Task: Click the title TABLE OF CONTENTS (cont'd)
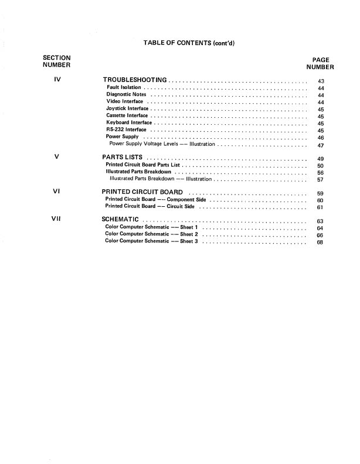189,42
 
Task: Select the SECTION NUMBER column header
56,61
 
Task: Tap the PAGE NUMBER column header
321,63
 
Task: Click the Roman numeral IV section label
57,80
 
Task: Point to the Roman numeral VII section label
57,219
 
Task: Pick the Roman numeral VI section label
57,192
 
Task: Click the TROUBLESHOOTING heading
135,80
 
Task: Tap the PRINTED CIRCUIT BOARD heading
142,192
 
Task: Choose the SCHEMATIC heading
120,220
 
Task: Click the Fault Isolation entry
124,88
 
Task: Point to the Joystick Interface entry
127,109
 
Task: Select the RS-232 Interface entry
126,130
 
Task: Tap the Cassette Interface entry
127,116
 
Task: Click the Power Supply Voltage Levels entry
162,144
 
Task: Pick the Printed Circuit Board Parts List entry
142,166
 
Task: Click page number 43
321,81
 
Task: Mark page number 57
321,180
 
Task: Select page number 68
320,242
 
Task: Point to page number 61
321,207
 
